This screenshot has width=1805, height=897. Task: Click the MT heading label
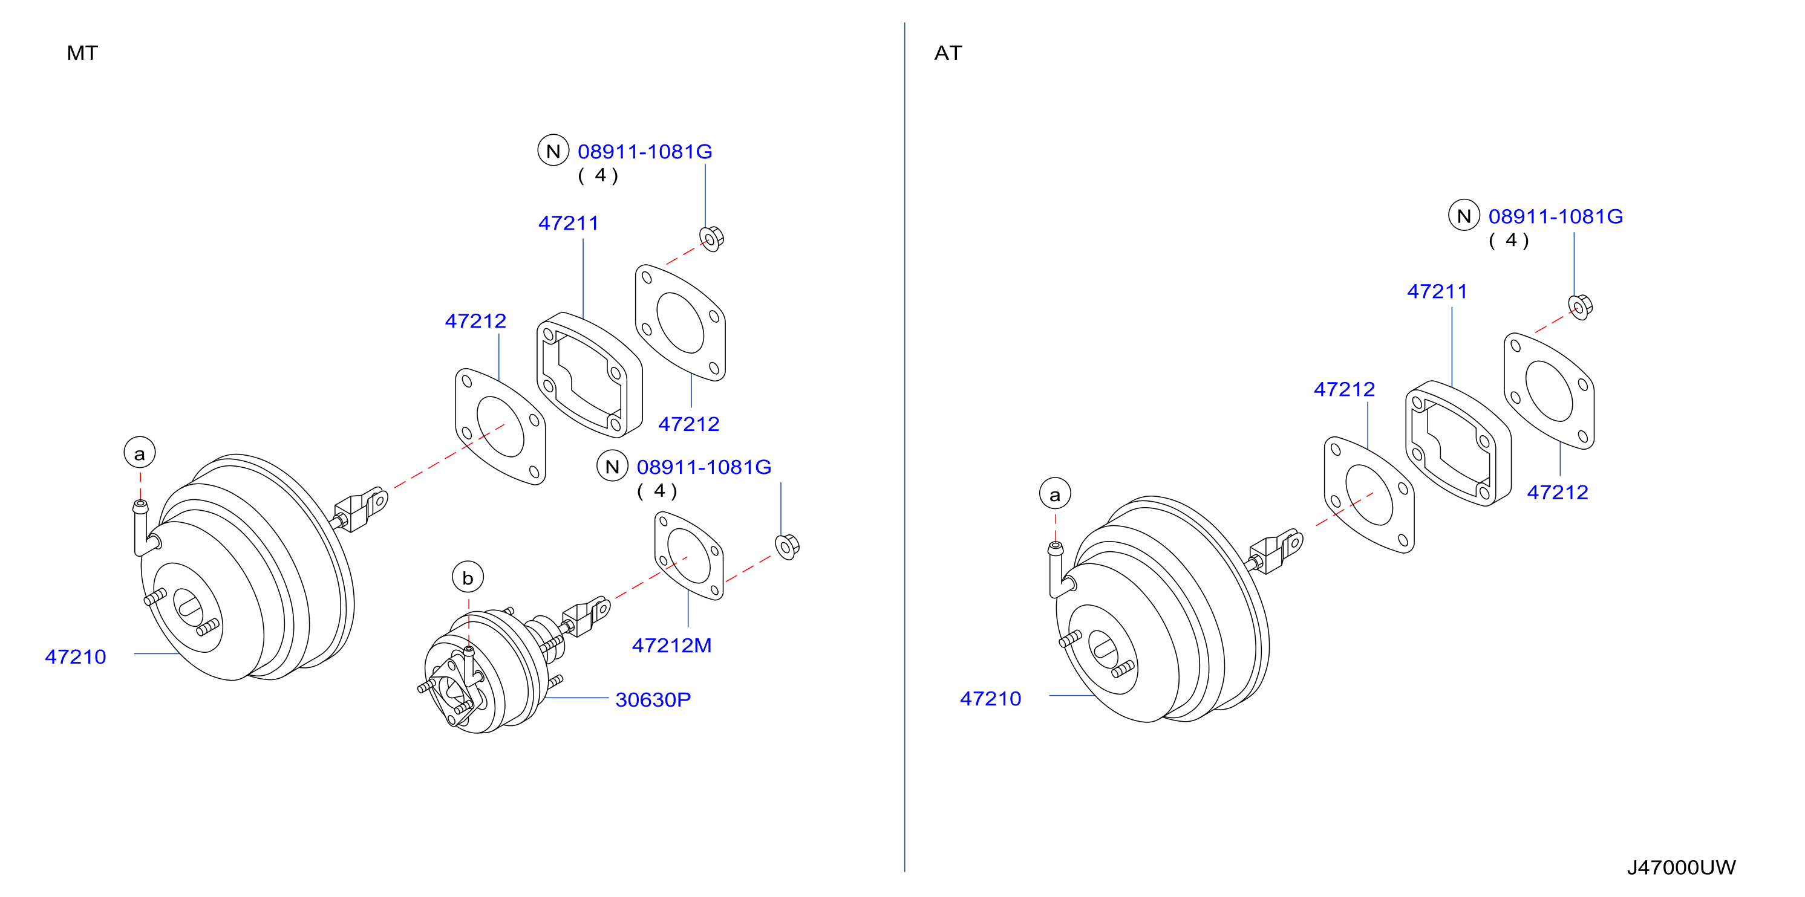pyautogui.click(x=82, y=53)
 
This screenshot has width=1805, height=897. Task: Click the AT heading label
pyautogui.click(x=948, y=53)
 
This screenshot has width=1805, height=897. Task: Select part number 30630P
pyautogui.click(x=653, y=699)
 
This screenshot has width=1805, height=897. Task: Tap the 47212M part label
pyautogui.click(x=671, y=646)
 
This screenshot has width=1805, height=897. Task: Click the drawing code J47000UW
pyautogui.click(x=1681, y=867)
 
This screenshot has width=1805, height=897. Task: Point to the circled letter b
pyautogui.click(x=468, y=578)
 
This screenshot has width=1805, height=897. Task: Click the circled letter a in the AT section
pyautogui.click(x=1054, y=494)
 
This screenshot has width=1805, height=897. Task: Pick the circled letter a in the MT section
pyautogui.click(x=140, y=453)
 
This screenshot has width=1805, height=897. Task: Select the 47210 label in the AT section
pyautogui.click(x=990, y=699)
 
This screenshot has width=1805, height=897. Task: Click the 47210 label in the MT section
pyautogui.click(x=76, y=657)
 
